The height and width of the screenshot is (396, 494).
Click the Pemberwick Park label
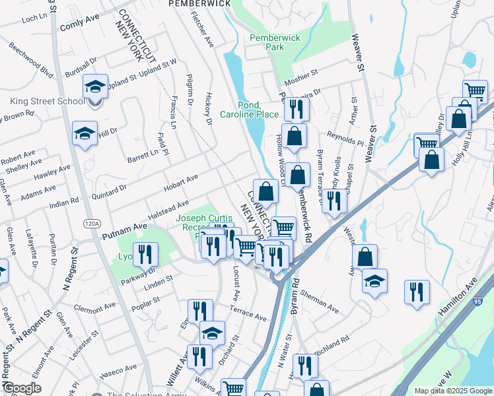pos(275,43)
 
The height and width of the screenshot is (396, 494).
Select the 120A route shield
pos(92,224)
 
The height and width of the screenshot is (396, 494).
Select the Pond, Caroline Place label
pos(258,110)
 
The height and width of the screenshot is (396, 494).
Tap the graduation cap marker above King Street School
pos(96,86)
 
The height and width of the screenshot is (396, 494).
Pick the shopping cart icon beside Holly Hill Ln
pos(427,143)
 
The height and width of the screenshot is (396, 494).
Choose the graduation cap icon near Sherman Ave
pos(374,281)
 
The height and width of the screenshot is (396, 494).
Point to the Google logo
pos(22,389)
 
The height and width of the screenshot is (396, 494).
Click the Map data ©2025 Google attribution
pos(452,391)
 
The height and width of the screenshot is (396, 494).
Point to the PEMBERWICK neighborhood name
pos(199,3)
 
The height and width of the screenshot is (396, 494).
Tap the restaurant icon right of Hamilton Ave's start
pos(417,292)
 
